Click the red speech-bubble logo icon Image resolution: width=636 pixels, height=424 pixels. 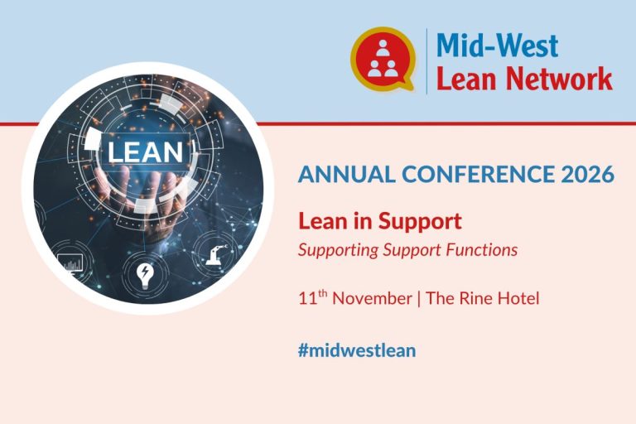[x=383, y=59]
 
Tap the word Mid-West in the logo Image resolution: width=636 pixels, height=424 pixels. [x=497, y=45]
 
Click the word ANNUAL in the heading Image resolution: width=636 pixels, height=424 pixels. [x=347, y=174]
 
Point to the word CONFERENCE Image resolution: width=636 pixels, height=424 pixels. [x=478, y=174]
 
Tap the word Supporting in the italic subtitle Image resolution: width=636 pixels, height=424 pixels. [x=338, y=250]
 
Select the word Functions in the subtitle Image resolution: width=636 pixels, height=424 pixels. [x=482, y=249]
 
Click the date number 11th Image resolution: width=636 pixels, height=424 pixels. [x=313, y=297]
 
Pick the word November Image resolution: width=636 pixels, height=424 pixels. [x=372, y=299]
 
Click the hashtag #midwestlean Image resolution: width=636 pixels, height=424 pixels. [x=357, y=350]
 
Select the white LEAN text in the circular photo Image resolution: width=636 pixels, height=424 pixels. [x=145, y=152]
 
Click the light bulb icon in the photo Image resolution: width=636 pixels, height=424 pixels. [x=145, y=275]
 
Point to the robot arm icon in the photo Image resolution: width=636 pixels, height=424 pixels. [x=216, y=254]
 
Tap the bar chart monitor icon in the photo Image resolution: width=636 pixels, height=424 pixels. [x=70, y=263]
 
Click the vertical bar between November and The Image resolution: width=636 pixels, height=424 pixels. [x=418, y=299]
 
